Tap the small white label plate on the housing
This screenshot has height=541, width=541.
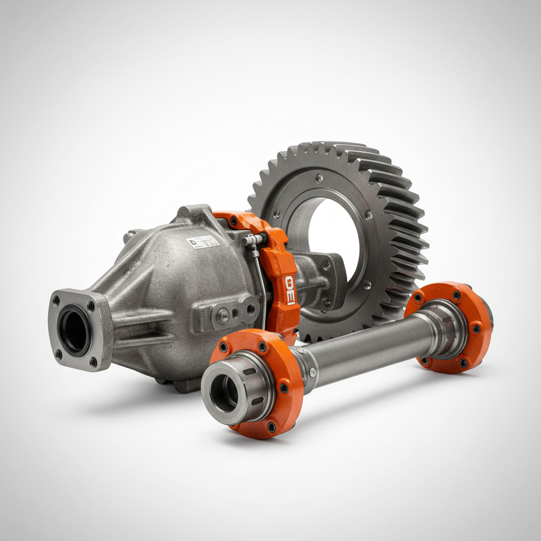click(202, 242)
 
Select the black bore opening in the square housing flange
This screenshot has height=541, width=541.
click(74, 331)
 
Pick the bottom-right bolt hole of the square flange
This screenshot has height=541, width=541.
click(94, 361)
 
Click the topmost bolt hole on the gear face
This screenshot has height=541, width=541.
click(319, 179)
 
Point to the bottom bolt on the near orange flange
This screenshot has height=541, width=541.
click(271, 426)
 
